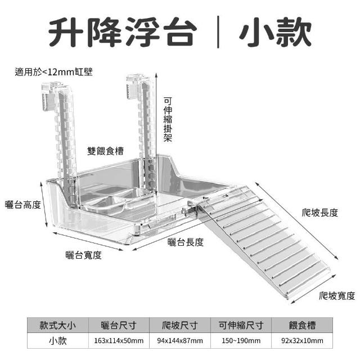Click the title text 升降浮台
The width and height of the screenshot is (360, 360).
(123, 32)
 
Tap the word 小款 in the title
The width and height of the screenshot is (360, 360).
(275, 32)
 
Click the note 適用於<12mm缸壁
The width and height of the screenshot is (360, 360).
(53, 72)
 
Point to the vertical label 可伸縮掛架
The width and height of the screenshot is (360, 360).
(168, 119)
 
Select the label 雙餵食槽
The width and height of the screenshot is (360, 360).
(105, 151)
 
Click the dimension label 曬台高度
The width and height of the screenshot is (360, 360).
(23, 205)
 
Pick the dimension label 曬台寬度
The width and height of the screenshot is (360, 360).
(84, 255)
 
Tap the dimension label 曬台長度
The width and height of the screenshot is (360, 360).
(186, 242)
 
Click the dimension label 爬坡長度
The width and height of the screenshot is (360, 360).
(320, 213)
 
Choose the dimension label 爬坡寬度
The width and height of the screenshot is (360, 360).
(337, 296)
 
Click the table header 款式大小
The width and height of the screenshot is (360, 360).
(57, 325)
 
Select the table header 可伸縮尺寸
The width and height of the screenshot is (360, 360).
(241, 325)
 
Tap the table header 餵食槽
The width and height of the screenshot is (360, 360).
(302, 325)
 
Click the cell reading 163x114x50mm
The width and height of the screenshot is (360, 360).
(119, 341)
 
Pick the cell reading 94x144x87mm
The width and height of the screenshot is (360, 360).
(180, 341)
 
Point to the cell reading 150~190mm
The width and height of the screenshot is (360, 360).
(241, 341)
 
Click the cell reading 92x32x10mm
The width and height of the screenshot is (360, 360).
(302, 341)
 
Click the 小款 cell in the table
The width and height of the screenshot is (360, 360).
(57, 341)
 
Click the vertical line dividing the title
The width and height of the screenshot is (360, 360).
(218, 32)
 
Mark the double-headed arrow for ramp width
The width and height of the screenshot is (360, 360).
(313, 289)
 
